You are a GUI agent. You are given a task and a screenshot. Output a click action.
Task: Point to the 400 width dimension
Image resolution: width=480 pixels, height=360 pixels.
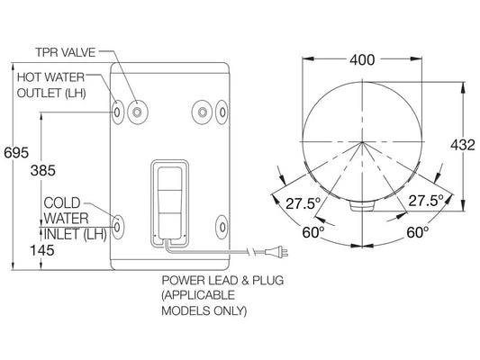point(361,59)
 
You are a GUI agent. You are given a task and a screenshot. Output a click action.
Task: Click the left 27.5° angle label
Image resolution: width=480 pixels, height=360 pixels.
point(302,203)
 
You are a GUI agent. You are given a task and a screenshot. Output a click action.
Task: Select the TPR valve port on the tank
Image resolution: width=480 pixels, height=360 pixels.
point(137,112)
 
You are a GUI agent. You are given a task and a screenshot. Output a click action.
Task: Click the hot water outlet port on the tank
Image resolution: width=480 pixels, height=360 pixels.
point(118,112)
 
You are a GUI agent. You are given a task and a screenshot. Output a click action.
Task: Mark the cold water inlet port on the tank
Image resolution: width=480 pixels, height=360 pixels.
point(118,221)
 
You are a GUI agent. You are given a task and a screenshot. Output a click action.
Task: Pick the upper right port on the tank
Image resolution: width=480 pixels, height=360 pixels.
point(222,112)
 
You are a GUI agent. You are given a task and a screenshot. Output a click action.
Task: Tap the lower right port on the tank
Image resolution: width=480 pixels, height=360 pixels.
point(222,221)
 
